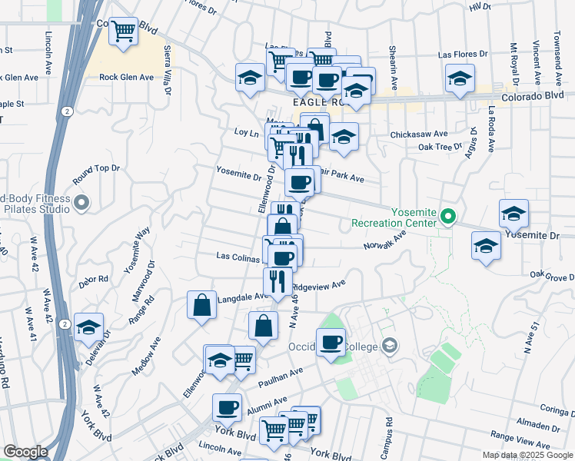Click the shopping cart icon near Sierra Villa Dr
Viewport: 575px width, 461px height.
123,32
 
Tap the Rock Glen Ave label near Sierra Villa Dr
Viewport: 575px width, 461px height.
126,78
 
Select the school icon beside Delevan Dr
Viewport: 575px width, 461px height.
89,327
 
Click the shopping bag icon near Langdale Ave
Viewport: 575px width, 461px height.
201,305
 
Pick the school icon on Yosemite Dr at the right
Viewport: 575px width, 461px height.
514,213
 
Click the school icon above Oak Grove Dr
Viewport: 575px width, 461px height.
485,246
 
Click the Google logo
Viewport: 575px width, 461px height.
25,452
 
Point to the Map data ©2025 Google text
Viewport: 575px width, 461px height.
527,455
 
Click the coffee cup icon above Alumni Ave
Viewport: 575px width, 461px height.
227,406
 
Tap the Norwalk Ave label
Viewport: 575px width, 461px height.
384,241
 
